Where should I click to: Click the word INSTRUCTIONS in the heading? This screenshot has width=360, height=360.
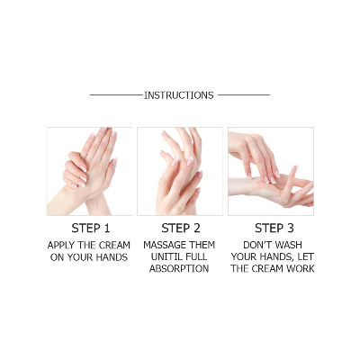click(179, 94)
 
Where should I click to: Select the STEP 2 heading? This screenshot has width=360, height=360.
click(180, 228)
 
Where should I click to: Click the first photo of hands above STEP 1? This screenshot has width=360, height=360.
click(89, 171)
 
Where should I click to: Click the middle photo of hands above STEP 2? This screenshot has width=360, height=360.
click(180, 171)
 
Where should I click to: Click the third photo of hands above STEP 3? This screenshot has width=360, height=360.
click(271, 171)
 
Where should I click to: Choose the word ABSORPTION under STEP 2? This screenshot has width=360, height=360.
click(180, 268)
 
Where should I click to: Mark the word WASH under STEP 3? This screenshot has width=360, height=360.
click(289, 245)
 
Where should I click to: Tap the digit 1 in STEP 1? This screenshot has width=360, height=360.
click(107, 228)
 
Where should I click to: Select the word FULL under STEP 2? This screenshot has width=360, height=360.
click(200, 256)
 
